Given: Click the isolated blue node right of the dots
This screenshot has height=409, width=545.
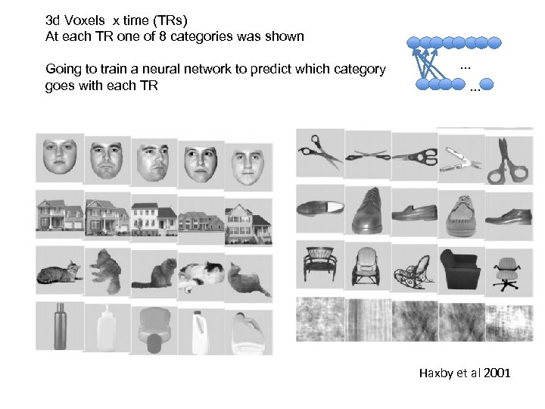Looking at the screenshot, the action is pos(487,84).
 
